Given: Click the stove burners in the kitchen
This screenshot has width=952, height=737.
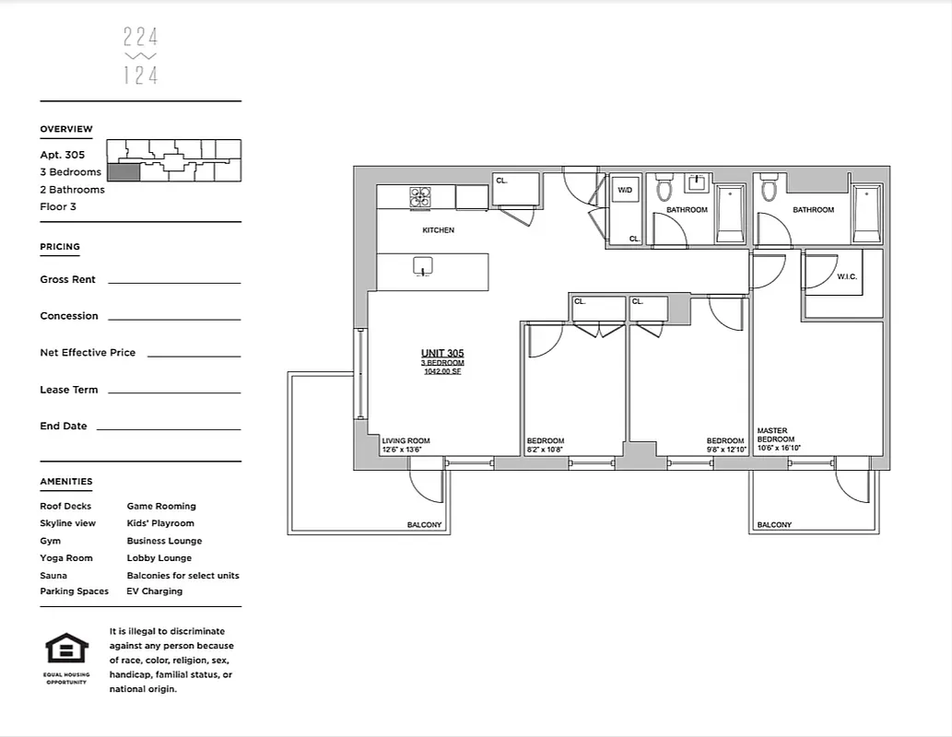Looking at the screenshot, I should coord(420,197).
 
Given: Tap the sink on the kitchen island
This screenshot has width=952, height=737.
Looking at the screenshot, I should coord(422,266).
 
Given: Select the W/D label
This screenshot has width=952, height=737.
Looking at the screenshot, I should coord(625,190).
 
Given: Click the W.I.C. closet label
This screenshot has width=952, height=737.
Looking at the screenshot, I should coord(848,276).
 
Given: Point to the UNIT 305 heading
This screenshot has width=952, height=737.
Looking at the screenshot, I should coord(442,354).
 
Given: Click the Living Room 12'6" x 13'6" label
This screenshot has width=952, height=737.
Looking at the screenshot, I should coord(405,445).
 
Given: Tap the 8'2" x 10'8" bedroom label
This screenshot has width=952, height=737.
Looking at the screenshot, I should coord(545,445).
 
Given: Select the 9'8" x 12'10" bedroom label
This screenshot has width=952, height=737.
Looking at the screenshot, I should coord(724,445).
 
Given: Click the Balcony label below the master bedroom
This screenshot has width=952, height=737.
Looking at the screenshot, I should coord(774,525).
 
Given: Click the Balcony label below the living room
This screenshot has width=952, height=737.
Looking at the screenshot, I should coord(424,525).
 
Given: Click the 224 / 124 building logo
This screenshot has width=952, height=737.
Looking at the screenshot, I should coord(140,56).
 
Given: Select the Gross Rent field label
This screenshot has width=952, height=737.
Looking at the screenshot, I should coord(67,279).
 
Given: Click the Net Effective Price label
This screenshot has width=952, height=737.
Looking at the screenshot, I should coord(88,353).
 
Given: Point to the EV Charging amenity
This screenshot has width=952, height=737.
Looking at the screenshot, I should coord(154,591).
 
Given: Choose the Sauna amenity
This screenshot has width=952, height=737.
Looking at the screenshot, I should coord(53,575).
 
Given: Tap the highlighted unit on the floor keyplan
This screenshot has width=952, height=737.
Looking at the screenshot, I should coord(123,171).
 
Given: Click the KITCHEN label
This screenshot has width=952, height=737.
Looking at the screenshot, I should coord(438,230).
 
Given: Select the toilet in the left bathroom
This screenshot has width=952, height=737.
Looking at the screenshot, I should coord(664,190).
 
